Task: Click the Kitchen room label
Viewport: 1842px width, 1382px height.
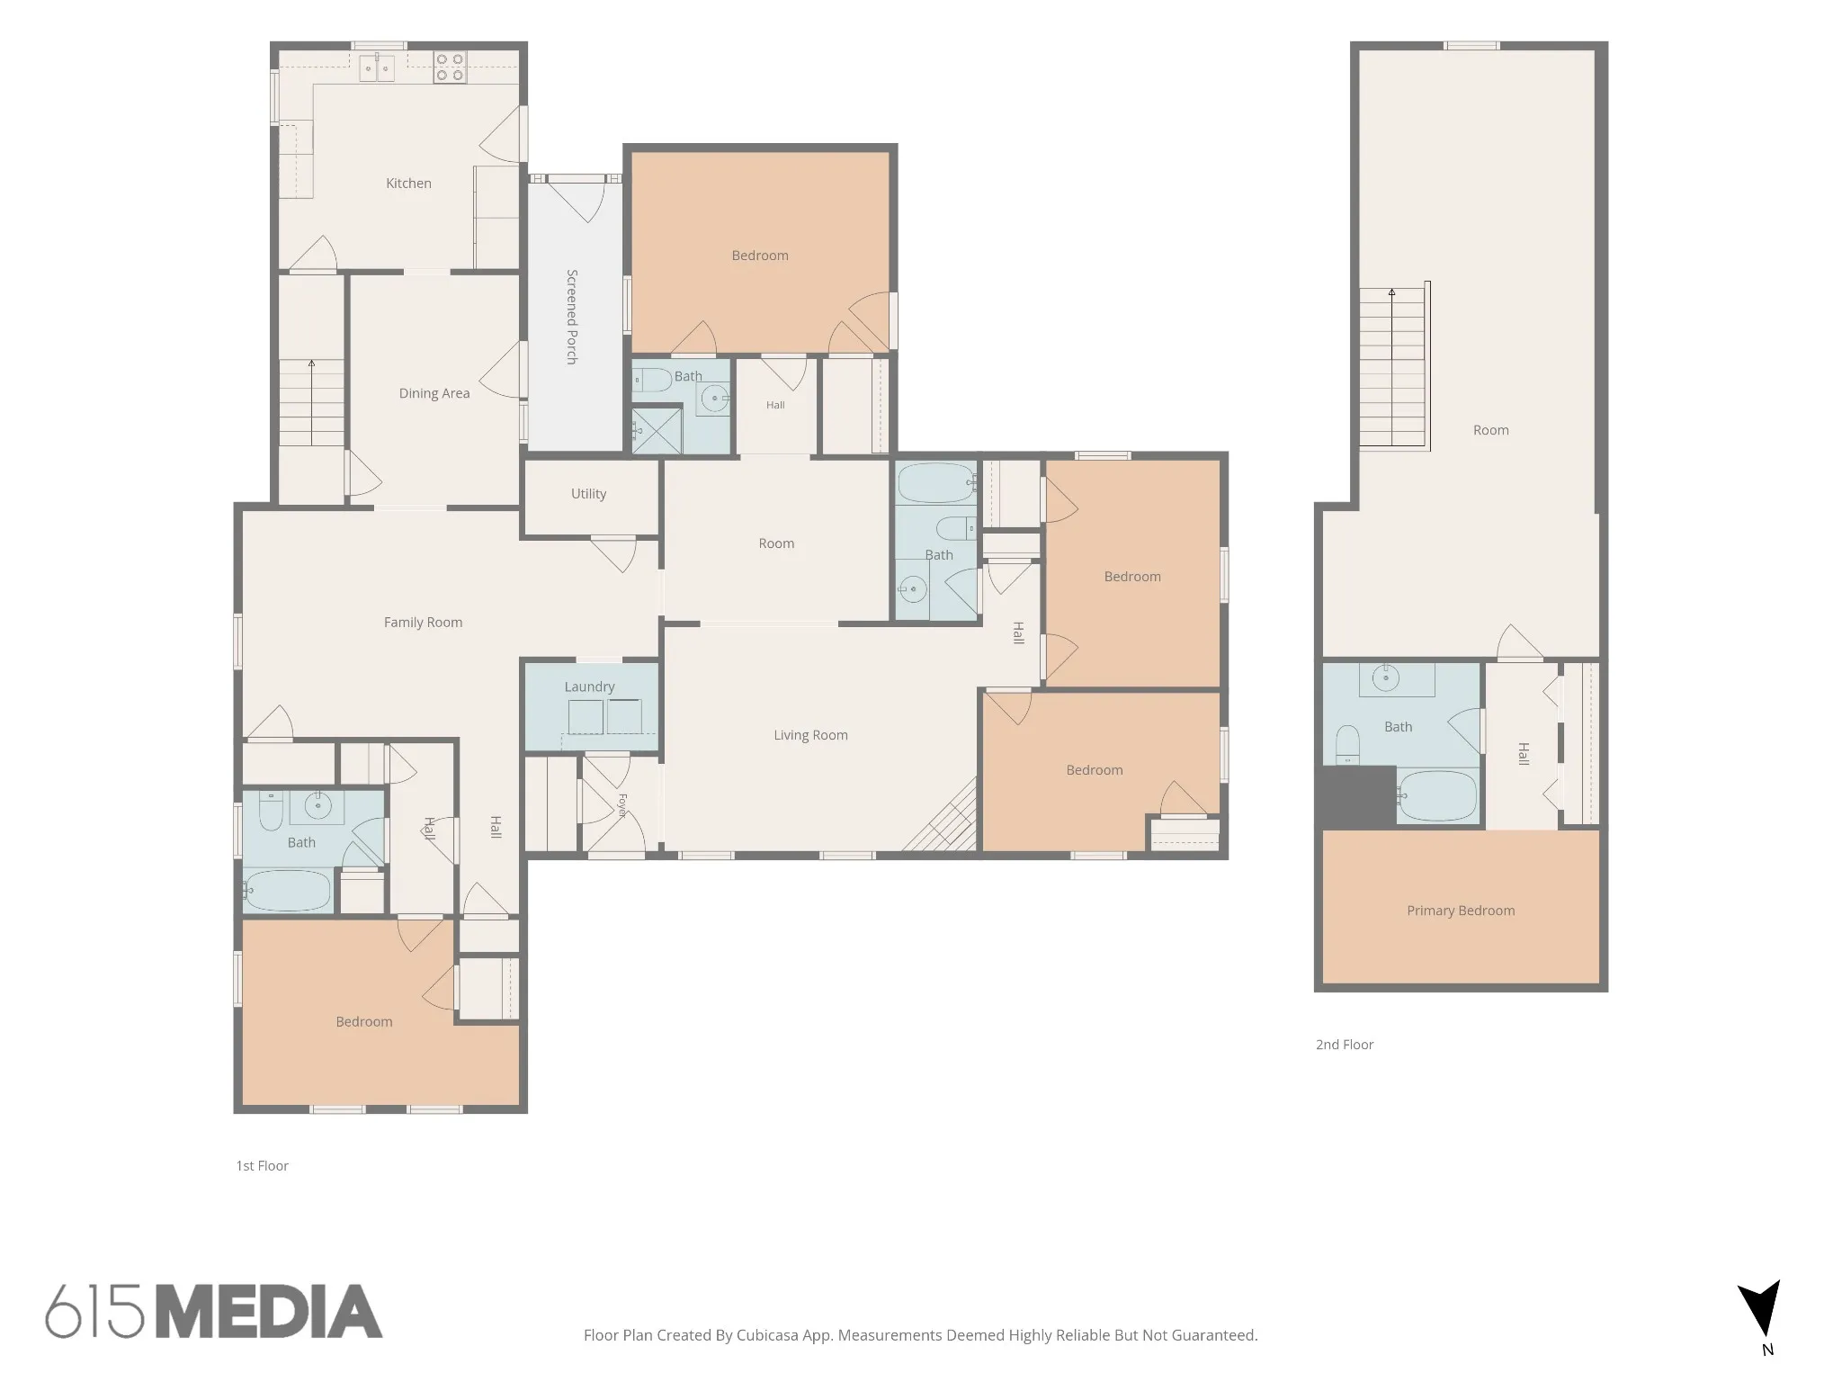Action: pos(408,184)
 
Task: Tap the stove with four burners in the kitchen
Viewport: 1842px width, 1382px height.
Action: pos(450,67)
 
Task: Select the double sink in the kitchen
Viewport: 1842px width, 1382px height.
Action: pos(377,67)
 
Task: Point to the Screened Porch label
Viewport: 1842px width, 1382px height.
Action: pos(571,317)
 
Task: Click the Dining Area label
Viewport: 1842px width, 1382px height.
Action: pos(434,393)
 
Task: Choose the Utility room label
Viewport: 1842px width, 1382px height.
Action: pos(588,494)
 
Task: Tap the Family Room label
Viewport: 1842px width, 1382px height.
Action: pos(423,622)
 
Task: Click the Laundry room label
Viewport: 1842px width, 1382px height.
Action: pos(589,687)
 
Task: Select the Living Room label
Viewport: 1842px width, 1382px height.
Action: pos(810,735)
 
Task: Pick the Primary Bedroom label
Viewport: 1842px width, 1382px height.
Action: pos(1461,911)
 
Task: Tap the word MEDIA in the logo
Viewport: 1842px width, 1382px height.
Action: pos(269,1312)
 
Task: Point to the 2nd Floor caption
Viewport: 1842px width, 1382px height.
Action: pos(1345,1045)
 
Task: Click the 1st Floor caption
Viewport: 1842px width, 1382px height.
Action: pos(262,1166)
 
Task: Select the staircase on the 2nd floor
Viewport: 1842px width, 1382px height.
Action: pos(1393,367)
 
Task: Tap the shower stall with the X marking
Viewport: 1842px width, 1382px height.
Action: pos(657,430)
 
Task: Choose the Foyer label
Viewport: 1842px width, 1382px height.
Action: pos(621,805)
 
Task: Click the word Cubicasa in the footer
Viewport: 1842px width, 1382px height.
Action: pos(769,1335)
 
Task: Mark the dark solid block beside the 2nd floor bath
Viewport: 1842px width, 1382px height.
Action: pos(1356,797)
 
